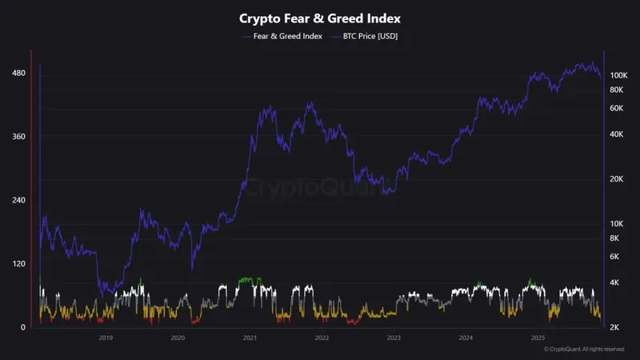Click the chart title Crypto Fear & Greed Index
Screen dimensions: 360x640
[319, 18]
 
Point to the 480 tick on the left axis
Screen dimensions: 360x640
[18, 74]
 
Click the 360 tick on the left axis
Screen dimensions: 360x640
[18, 137]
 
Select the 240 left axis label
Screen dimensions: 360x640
[18, 200]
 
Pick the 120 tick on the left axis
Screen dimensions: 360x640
[18, 264]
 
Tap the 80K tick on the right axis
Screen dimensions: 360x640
[616, 90]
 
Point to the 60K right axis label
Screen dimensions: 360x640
[616, 108]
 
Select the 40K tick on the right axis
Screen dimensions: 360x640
[616, 134]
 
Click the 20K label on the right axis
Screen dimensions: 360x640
[616, 179]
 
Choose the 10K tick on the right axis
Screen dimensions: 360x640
[616, 224]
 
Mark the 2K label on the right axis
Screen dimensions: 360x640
[614, 328]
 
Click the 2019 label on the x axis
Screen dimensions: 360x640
[106, 338]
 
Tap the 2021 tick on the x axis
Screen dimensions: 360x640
[250, 338]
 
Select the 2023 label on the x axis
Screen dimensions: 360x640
[394, 338]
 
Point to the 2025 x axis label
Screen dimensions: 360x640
[538, 338]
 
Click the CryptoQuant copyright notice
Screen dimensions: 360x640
[584, 350]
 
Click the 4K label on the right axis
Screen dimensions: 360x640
[614, 283]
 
